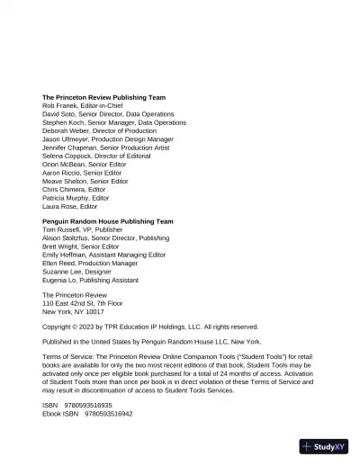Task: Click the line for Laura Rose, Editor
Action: (x=69, y=207)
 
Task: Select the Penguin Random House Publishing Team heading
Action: (x=107, y=221)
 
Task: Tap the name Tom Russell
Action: (x=62, y=229)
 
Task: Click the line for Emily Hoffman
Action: (x=103, y=255)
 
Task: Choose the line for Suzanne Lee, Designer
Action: (x=80, y=272)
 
